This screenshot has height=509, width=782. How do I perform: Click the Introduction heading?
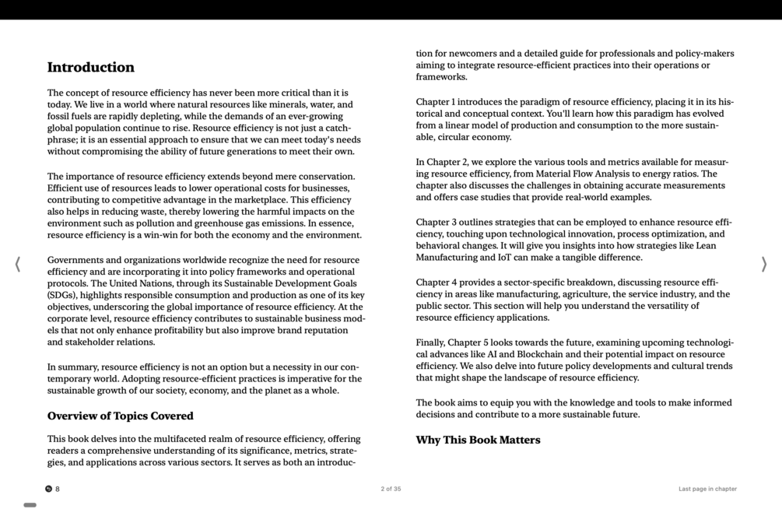(91, 68)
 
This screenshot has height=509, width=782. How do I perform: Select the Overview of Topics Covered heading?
(121, 416)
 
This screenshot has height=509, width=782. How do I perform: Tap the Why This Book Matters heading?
(478, 441)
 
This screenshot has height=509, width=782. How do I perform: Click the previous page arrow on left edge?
(18, 265)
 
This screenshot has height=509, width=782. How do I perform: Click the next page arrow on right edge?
(763, 265)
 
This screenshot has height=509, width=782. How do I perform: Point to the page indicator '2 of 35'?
(391, 489)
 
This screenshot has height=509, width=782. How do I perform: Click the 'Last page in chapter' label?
(707, 489)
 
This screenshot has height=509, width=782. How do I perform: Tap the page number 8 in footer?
(58, 489)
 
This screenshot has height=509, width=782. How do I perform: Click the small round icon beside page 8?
(48, 489)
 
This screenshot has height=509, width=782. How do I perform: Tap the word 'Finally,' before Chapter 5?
(433, 343)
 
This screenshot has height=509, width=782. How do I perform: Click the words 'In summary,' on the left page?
(73, 367)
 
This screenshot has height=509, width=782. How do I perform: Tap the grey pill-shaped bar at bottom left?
(30, 505)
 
